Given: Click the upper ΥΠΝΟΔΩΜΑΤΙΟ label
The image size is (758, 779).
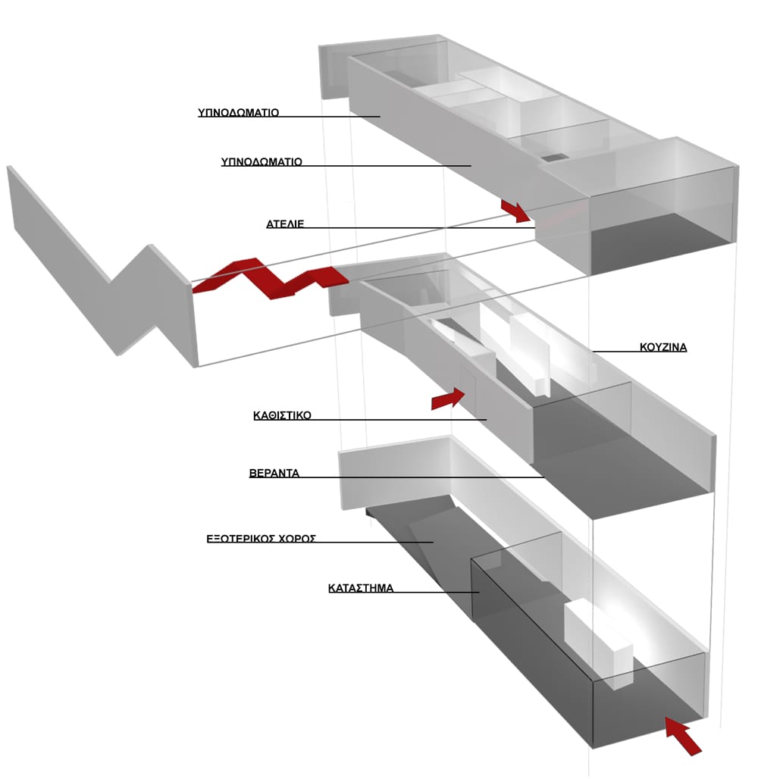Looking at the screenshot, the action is (239, 112).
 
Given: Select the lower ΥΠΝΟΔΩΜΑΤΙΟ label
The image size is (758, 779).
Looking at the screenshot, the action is (262, 161).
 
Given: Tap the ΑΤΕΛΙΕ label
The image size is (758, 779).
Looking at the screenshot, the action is (285, 224).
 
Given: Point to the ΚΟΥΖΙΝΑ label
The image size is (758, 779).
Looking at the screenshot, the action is (663, 347).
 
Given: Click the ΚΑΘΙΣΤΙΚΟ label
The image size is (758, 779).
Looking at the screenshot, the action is (282, 415).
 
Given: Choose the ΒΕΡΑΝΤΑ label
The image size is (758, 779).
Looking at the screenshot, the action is (274, 473).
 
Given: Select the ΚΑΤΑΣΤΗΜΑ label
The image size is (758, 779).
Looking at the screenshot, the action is (361, 588).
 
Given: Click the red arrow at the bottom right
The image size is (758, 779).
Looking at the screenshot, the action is (683, 736).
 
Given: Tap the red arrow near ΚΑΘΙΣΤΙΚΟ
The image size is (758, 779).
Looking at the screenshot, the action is (448, 399).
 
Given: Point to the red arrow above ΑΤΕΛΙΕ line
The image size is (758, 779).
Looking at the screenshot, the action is (516, 211).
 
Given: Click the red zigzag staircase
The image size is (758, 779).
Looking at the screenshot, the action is (271, 278).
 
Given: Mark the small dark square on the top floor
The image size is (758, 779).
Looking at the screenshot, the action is (553, 158).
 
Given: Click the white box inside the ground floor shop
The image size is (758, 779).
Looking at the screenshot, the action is (599, 643).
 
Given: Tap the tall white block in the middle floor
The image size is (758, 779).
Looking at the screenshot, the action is (531, 355).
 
